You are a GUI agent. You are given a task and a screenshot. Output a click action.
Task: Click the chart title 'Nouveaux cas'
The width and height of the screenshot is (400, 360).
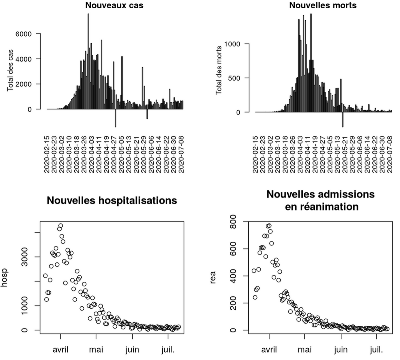(x=114, y=5)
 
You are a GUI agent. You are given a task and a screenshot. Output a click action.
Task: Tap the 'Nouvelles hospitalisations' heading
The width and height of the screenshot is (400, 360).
(x=112, y=200)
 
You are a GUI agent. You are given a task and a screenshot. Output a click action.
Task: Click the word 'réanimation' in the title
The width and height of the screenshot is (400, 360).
(x=322, y=207)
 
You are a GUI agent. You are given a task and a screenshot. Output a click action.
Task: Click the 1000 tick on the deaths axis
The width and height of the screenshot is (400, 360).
(x=232, y=44)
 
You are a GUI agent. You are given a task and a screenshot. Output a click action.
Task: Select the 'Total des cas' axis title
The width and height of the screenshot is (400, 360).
(x=11, y=70)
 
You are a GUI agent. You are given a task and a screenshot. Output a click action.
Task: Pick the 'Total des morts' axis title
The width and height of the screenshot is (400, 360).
(x=219, y=70)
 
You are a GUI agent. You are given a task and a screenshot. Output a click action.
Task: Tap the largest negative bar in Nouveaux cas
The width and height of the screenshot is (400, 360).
(x=115, y=118)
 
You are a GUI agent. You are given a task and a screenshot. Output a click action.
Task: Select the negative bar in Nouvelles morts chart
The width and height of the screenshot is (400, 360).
(x=342, y=119)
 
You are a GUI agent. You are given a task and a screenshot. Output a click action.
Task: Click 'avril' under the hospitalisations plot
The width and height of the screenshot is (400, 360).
(x=61, y=350)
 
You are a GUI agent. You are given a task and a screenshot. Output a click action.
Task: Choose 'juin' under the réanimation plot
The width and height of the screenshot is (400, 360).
(x=341, y=350)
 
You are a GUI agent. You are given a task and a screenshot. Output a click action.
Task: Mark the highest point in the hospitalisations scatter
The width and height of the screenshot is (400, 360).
(x=61, y=226)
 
